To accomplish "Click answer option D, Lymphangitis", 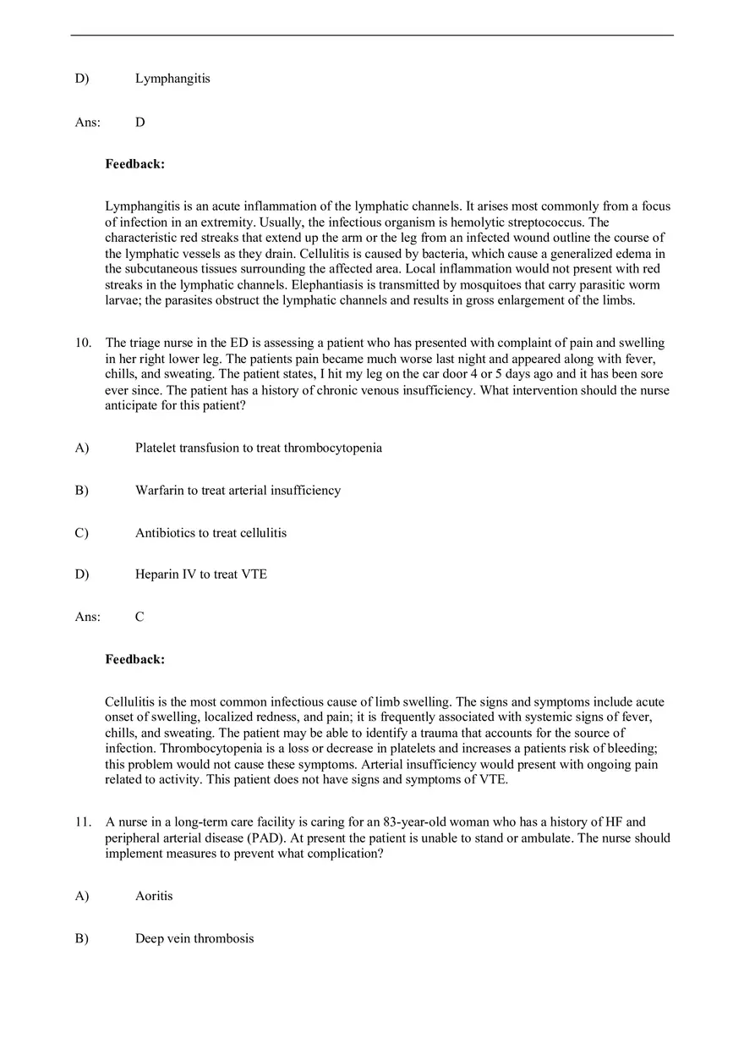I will point(172,79).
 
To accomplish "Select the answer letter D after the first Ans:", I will point(140,122).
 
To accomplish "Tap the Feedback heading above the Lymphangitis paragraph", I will point(134,164).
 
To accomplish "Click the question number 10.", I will point(83,343).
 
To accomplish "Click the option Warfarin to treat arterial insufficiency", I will point(238,490).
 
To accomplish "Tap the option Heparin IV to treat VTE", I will point(200,574).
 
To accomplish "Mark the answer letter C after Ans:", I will point(139,617).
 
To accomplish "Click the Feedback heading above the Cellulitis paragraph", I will point(134,659).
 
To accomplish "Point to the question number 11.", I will point(83,821).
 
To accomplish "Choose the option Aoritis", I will point(154,895).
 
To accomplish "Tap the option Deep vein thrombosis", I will point(194,938).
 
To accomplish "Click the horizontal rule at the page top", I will point(372,36).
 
